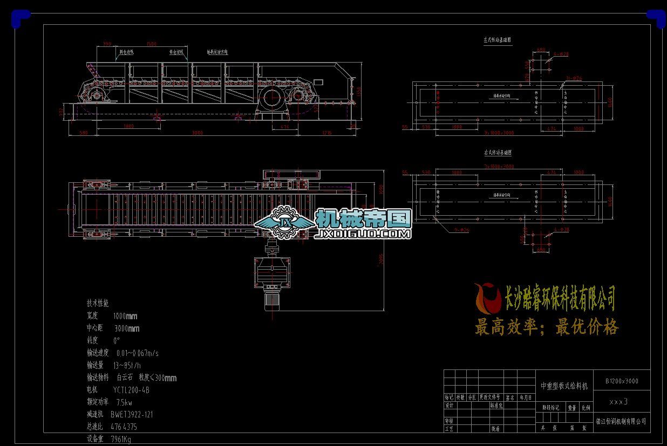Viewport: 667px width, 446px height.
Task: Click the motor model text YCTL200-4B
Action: tap(131, 389)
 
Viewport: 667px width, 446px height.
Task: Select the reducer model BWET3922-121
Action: tap(132, 414)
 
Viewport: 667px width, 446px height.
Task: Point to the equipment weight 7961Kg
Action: tap(121, 438)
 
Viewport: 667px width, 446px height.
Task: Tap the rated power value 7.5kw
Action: tap(124, 402)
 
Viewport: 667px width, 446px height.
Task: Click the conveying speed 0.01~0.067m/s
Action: tap(137, 353)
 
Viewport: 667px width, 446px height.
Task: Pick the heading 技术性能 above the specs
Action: tap(98, 304)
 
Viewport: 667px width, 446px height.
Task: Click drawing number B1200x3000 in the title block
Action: tap(622, 381)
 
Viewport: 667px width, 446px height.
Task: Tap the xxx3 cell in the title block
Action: tap(618, 402)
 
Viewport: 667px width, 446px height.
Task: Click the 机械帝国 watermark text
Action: tap(363, 218)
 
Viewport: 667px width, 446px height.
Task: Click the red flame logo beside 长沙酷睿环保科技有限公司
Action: tap(487, 298)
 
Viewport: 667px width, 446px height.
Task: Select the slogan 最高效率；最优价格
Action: tap(547, 327)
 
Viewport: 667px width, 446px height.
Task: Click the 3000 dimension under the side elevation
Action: tap(198, 132)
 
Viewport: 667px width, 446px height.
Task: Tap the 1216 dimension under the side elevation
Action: tap(326, 132)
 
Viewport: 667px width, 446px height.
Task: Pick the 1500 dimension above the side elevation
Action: tap(151, 44)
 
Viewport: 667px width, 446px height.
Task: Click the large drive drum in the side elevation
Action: tap(270, 99)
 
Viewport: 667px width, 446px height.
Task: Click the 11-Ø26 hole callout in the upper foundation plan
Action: tap(574, 78)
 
